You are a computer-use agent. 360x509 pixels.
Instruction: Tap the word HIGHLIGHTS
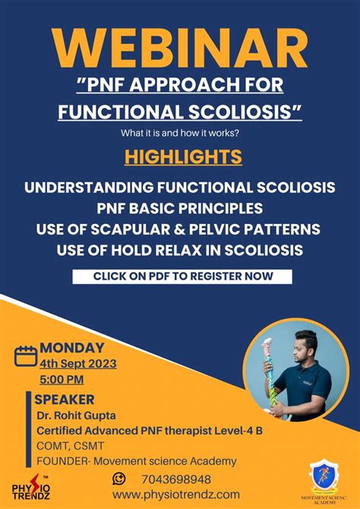point(180,156)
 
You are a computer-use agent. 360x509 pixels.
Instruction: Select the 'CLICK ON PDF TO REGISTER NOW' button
point(182,277)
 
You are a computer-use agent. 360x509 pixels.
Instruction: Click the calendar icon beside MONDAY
point(26,355)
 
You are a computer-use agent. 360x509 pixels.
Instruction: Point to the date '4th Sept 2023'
point(77,363)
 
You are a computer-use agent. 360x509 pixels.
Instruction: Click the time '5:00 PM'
point(62,379)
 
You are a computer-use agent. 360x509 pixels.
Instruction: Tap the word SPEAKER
point(65,399)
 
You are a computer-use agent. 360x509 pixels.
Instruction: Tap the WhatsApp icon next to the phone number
point(119,479)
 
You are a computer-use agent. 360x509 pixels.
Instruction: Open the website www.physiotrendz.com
point(175,495)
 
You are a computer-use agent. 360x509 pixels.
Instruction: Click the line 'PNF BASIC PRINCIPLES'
point(180,207)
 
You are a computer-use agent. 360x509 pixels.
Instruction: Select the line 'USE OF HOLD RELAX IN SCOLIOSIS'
point(180,250)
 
